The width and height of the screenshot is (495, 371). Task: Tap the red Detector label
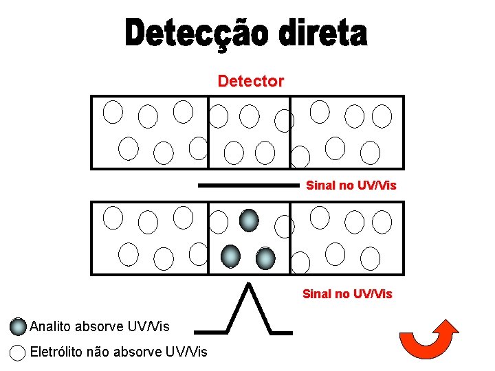[250, 81]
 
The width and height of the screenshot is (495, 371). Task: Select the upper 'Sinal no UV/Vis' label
[351, 185]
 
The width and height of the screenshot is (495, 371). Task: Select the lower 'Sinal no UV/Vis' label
[347, 294]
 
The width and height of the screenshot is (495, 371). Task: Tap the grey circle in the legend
[19, 326]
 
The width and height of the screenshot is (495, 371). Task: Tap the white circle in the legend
[19, 352]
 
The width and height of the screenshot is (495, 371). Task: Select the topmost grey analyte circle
[249, 220]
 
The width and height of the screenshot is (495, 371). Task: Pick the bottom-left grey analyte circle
[231, 256]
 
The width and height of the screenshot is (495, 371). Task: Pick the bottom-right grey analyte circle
[265, 258]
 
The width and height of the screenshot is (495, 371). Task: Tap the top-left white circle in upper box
[113, 111]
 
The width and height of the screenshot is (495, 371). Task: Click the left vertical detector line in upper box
[208, 131]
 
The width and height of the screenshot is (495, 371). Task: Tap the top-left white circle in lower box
[113, 217]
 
